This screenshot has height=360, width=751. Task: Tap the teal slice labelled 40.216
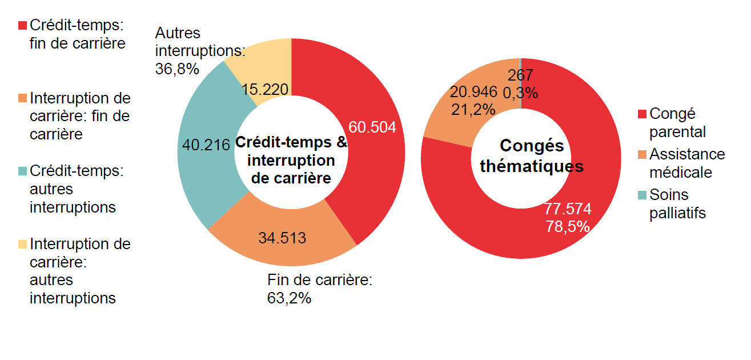tap(197, 171)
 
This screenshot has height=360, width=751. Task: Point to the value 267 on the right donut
tap(520, 75)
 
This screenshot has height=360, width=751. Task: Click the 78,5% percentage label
tap(568, 226)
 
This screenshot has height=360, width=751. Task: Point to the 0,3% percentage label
tap(520, 92)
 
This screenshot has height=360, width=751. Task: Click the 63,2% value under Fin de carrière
tap(289, 298)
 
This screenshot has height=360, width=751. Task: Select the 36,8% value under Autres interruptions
tap(177, 69)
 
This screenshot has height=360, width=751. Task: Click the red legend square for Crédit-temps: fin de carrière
tap(23, 26)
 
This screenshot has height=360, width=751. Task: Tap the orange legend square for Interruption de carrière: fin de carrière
tap(23, 98)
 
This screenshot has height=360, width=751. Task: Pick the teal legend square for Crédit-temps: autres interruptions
tap(23, 171)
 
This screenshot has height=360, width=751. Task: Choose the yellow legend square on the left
tap(23, 244)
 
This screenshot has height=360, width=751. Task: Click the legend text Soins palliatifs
tap(677, 204)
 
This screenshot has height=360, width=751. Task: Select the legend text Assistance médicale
tap(687, 163)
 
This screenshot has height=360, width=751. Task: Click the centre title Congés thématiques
tap(532, 156)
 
